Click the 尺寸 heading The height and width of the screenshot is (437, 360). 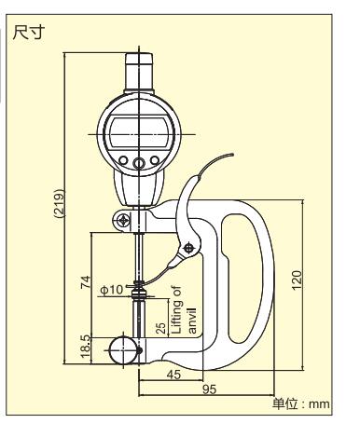pos(29,32)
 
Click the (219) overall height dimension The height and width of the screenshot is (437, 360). pos(59,204)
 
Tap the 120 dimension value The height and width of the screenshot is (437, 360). pos(297,280)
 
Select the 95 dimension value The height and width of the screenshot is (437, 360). pos(209,389)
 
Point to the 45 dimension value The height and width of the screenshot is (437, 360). pos(173,375)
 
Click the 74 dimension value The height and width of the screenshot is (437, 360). pos(86,281)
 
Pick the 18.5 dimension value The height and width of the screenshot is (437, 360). pos(86,346)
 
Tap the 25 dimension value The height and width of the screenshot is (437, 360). pos(160,328)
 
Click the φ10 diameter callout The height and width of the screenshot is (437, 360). pos(112,290)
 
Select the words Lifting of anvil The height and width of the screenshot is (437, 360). pos(184,310)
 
